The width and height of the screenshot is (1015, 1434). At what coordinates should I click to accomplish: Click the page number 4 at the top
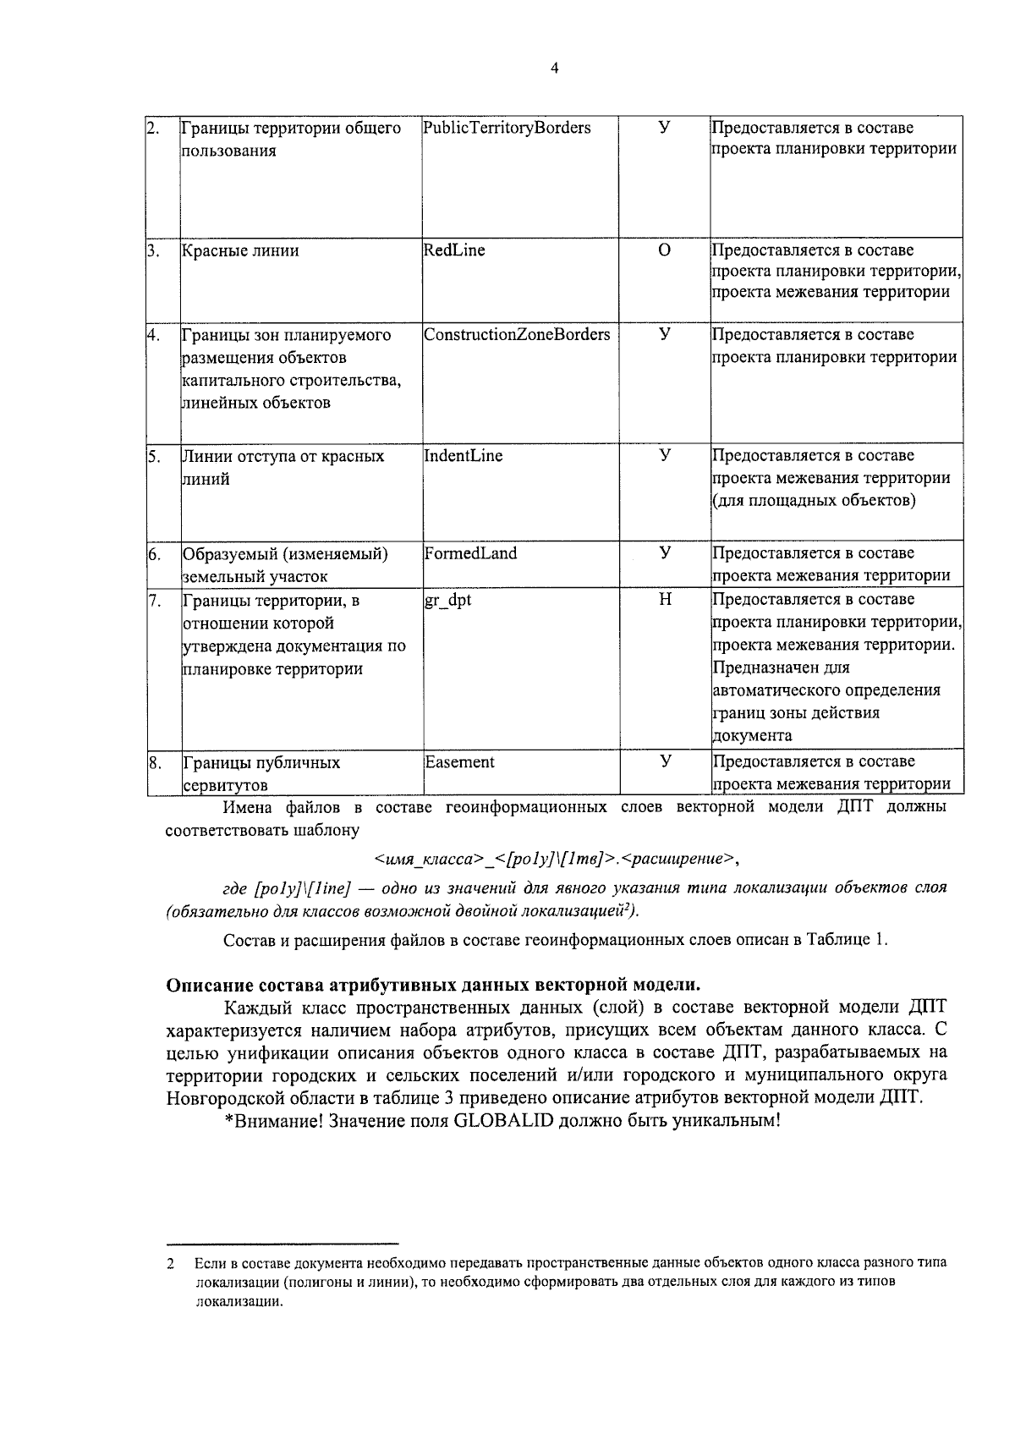pyautogui.click(x=554, y=69)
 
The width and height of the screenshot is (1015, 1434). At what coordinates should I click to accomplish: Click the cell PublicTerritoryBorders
pyautogui.click(x=507, y=129)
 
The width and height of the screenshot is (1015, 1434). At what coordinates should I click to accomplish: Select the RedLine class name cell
pyautogui.click(x=454, y=250)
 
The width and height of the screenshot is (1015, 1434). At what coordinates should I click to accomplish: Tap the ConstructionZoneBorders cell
pyautogui.click(x=517, y=335)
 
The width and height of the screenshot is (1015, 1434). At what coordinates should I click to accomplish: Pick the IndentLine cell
pyautogui.click(x=464, y=456)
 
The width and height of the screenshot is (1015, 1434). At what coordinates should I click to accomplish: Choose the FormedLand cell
pyautogui.click(x=470, y=553)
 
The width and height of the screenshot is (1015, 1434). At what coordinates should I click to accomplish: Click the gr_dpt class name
pyautogui.click(x=448, y=600)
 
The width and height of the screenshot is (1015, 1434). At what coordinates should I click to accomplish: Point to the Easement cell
pyautogui.click(x=459, y=762)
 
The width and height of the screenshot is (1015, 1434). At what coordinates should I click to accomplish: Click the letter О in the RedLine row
pyautogui.click(x=664, y=250)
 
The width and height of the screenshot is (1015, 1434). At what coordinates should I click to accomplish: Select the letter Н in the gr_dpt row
pyautogui.click(x=665, y=600)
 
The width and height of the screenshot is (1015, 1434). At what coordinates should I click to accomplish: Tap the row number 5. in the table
pyautogui.click(x=154, y=457)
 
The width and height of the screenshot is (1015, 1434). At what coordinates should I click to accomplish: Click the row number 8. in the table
pyautogui.click(x=154, y=763)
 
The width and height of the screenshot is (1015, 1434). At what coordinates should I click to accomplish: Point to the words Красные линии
pyautogui.click(x=240, y=251)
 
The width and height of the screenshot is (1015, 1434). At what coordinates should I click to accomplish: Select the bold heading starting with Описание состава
pyautogui.click(x=433, y=985)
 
